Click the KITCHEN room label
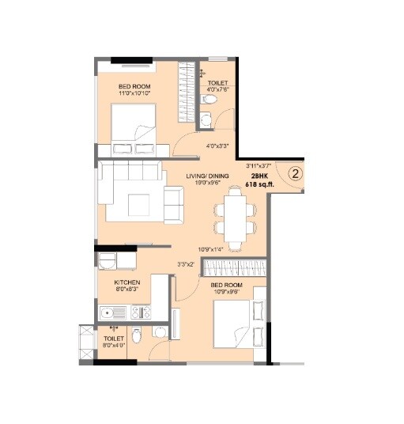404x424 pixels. (x=126, y=282)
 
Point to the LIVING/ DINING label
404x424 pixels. (x=207, y=176)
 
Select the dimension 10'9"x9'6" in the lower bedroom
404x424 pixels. (x=226, y=292)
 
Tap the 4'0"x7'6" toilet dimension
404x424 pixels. (x=217, y=89)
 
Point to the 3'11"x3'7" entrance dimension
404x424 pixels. (x=259, y=165)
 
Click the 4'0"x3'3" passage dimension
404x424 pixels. (x=218, y=146)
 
